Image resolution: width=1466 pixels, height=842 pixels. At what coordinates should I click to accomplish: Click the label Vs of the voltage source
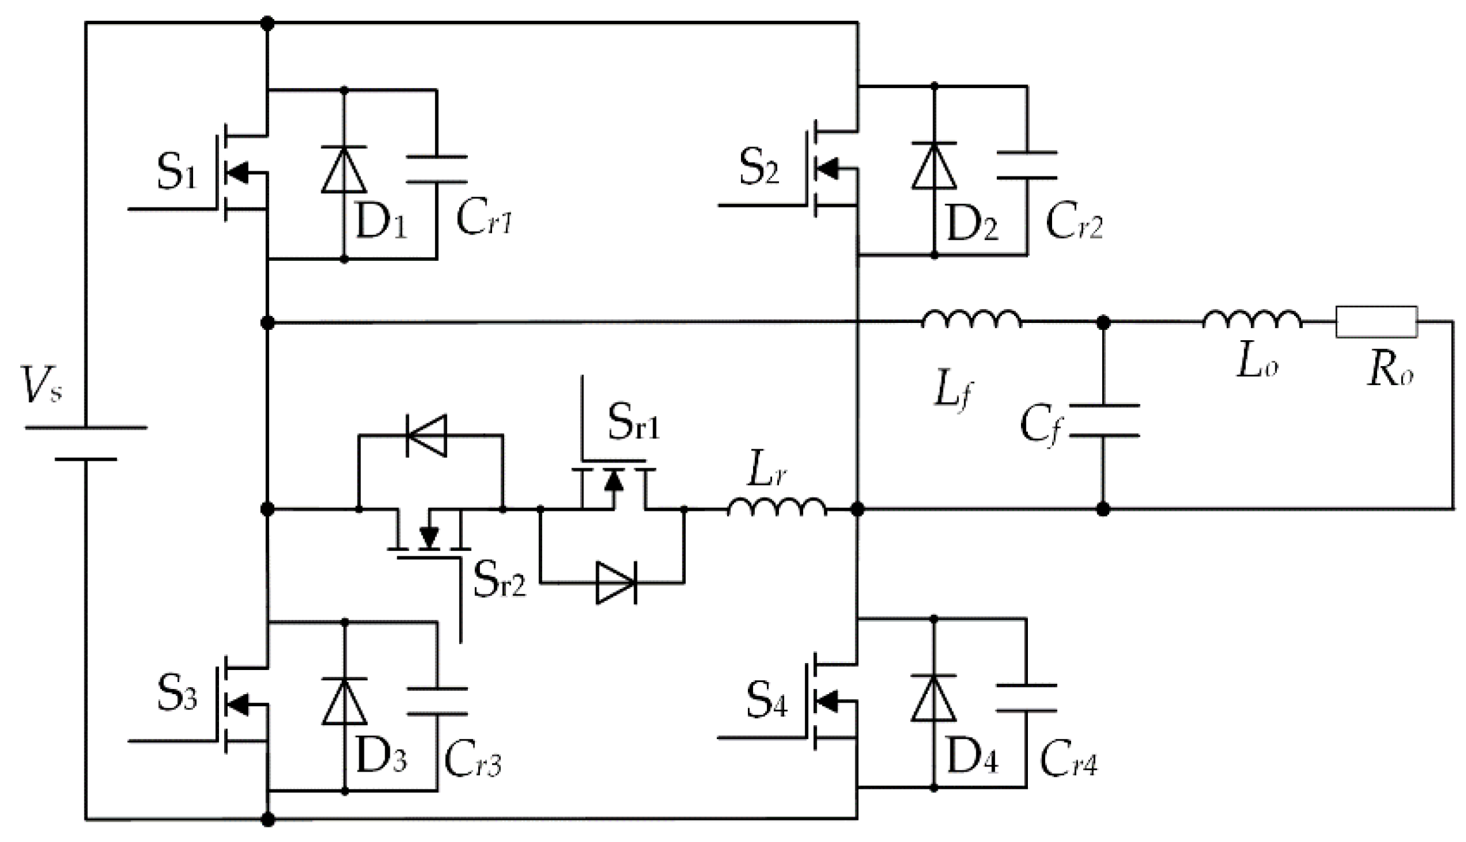42,385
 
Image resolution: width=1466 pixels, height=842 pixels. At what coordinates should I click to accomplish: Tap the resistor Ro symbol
1376,322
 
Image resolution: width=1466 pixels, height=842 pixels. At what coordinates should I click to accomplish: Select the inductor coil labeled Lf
971,320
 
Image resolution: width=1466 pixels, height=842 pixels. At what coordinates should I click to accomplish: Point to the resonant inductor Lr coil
776,507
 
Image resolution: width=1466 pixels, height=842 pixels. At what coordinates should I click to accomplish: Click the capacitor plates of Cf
1103,421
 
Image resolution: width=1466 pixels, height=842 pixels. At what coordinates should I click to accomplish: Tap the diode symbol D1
344,169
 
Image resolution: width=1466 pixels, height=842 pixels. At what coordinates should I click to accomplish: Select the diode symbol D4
933,699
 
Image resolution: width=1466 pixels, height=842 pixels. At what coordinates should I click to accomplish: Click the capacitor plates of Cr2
1027,165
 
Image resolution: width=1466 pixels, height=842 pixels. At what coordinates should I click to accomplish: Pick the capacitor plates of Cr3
437,701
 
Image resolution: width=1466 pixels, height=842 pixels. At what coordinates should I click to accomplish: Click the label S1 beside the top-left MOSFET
177,173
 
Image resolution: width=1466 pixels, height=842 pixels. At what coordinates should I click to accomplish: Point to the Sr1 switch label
633,423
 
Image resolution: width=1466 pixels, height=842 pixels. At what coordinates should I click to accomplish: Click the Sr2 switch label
500,581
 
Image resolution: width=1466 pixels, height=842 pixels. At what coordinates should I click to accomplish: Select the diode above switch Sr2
427,435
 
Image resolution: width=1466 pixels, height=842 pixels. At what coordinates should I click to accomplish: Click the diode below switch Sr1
616,582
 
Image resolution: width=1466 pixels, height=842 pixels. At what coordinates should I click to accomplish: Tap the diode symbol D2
933,166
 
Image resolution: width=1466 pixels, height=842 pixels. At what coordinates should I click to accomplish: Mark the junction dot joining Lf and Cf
1103,323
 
